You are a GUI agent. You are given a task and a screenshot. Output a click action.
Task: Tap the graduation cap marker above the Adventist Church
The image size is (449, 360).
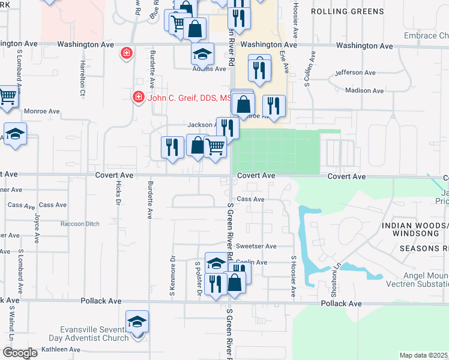tap(137, 323)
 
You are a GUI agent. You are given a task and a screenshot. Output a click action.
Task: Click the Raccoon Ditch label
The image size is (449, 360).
tap(80, 224)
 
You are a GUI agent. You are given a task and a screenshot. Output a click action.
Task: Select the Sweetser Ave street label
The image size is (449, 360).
tap(256, 246)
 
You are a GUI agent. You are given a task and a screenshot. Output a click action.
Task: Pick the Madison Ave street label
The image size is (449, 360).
tap(364, 91)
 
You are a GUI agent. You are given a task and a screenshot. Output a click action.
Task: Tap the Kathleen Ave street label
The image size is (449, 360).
tap(61, 349)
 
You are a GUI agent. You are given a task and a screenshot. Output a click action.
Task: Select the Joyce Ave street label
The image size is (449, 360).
tap(37, 228)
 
